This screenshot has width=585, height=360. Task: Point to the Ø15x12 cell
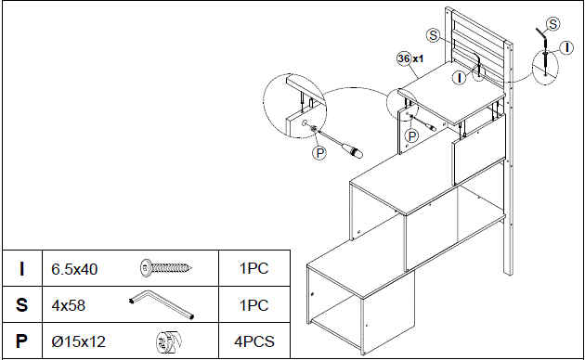(x=79, y=341)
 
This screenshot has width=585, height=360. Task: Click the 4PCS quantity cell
(x=253, y=341)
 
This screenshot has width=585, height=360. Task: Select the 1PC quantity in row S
(x=253, y=305)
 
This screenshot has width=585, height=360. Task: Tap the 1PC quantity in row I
(x=253, y=270)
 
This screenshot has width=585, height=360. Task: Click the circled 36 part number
(x=403, y=58)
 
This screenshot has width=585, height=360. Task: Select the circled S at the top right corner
(x=553, y=22)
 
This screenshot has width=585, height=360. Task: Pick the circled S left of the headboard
(x=433, y=34)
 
